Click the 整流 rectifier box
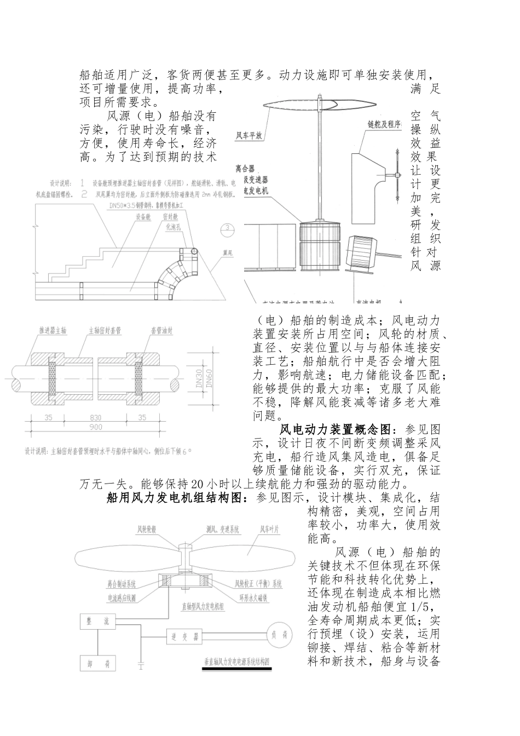[99, 621]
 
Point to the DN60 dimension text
[210, 379]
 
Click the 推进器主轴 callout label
[53, 330]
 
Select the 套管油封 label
[161, 330]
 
